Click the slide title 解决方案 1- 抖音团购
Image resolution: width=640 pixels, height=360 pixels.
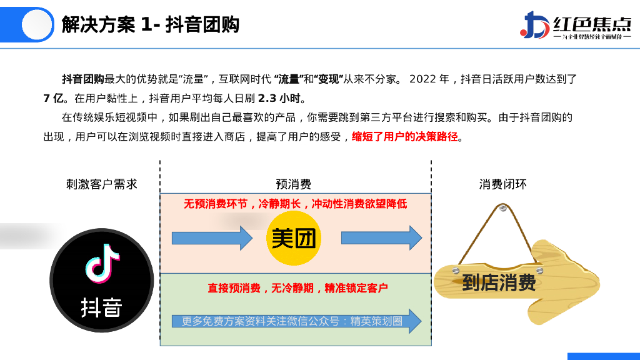click(x=150, y=25)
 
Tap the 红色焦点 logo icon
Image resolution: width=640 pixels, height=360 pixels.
click(x=534, y=25)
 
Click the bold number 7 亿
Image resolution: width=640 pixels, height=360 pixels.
click(x=54, y=98)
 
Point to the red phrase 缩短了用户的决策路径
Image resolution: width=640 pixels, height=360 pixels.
click(x=405, y=137)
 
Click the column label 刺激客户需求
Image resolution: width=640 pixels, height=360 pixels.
click(x=101, y=184)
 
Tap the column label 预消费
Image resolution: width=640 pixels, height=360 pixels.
click(x=293, y=184)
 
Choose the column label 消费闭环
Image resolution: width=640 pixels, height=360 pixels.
click(x=502, y=184)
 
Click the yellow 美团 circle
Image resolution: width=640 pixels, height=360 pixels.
click(x=293, y=238)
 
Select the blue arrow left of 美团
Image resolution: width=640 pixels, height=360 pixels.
click(x=212, y=238)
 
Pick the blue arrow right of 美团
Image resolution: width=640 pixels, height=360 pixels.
click(x=381, y=238)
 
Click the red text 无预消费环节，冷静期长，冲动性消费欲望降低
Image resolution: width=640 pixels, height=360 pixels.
click(x=295, y=204)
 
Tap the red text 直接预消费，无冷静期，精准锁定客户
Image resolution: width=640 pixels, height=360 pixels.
click(x=297, y=288)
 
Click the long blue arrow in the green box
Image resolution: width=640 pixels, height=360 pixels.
click(x=296, y=321)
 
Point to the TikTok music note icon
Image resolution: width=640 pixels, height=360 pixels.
click(x=102, y=262)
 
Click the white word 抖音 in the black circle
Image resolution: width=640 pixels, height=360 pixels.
click(x=101, y=307)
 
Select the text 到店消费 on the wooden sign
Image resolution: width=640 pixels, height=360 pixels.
click(x=499, y=283)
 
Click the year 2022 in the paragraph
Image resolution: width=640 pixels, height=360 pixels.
click(x=422, y=79)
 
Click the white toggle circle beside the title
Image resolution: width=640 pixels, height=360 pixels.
click(x=36, y=25)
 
